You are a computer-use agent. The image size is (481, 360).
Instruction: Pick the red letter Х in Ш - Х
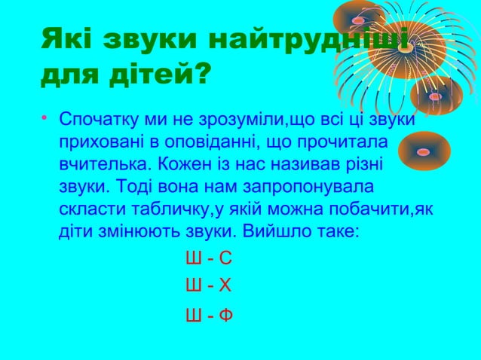225,286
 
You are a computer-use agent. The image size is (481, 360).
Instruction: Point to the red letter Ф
225,316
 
